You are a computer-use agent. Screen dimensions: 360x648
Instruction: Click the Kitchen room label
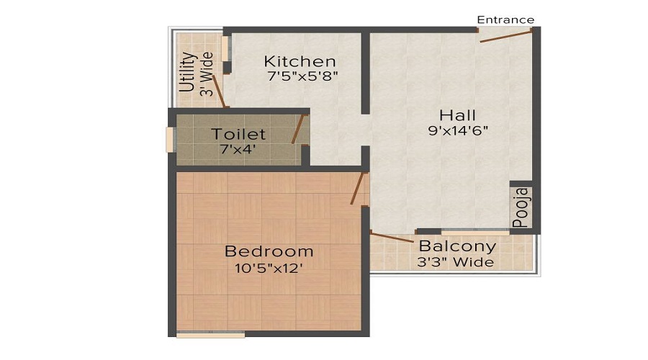[300, 61]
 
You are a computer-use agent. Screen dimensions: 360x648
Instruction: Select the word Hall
[458, 115]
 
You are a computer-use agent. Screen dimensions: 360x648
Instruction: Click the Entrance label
[505, 19]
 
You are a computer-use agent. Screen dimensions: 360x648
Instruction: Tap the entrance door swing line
[506, 36]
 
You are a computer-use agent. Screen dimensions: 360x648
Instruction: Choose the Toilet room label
[238, 134]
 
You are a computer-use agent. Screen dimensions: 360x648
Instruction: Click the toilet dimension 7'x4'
[238, 149]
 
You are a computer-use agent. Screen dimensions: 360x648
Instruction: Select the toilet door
[296, 129]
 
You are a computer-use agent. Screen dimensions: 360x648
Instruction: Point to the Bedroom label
[269, 251]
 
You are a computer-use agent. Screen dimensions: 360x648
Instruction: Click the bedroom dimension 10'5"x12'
[269, 267]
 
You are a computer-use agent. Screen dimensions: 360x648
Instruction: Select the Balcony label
[457, 246]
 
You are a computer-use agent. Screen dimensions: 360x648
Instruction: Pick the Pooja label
[521, 207]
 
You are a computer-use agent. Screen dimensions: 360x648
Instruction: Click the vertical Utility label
[187, 73]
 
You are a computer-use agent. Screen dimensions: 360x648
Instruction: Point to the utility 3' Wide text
[207, 73]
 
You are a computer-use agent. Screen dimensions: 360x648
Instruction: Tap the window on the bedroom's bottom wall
[210, 334]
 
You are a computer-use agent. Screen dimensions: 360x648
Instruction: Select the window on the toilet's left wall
[171, 139]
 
